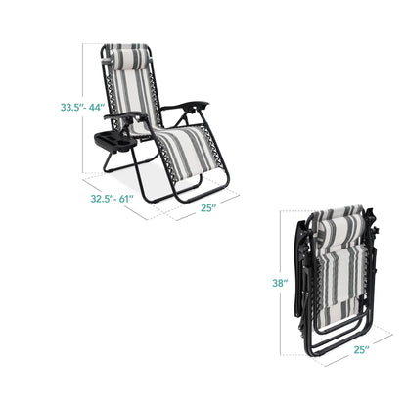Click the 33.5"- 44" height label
tap(82, 108)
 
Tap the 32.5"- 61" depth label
tap(112, 199)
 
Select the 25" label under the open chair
tap(208, 208)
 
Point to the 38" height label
tap(280, 283)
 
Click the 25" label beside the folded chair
tap(362, 350)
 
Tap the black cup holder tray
tap(113, 143)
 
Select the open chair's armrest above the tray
tap(125, 115)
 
